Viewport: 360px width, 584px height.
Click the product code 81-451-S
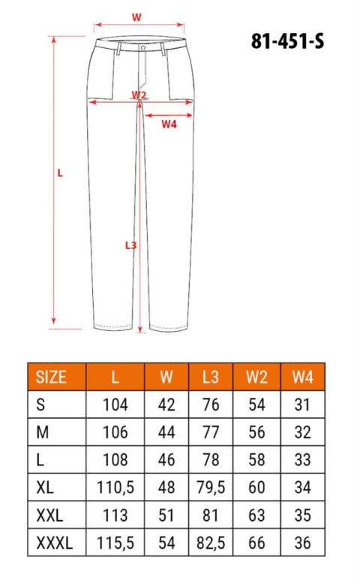287,41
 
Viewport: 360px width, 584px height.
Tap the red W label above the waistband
136,17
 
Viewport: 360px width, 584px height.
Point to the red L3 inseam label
130,245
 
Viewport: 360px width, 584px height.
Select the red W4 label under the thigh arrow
169,124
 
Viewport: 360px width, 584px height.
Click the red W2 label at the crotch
139,95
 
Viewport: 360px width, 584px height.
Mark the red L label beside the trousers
60,173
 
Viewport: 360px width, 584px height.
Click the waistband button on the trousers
143,48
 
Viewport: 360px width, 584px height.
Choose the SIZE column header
51,378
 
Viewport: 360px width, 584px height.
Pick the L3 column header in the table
210,378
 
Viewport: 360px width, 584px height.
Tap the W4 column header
303,378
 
